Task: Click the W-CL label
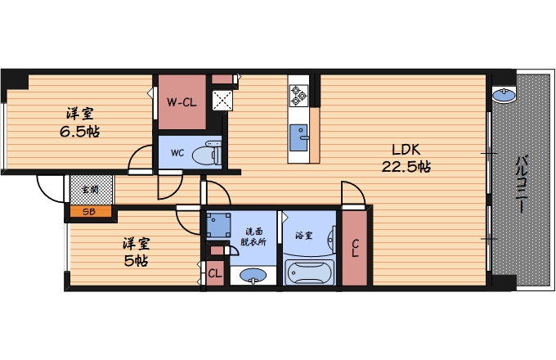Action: (x=182, y=103)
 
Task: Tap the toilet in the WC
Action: (x=207, y=153)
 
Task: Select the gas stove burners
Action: (x=298, y=96)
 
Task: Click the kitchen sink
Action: (x=298, y=137)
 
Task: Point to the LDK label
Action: (x=406, y=150)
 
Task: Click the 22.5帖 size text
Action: (x=406, y=167)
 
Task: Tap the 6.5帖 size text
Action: (x=80, y=132)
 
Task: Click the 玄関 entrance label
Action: (x=91, y=189)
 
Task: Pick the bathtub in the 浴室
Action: (x=310, y=272)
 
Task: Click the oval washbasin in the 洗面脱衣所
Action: (x=253, y=275)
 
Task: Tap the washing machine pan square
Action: (x=218, y=225)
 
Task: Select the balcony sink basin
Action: (x=504, y=95)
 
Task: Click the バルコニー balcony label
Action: (x=522, y=184)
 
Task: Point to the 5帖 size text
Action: (x=137, y=261)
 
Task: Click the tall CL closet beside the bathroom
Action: (x=355, y=248)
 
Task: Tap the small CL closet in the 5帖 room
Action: (x=215, y=273)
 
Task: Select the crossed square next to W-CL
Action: (x=222, y=101)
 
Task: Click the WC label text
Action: (x=177, y=153)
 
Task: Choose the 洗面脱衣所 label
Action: (x=253, y=237)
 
